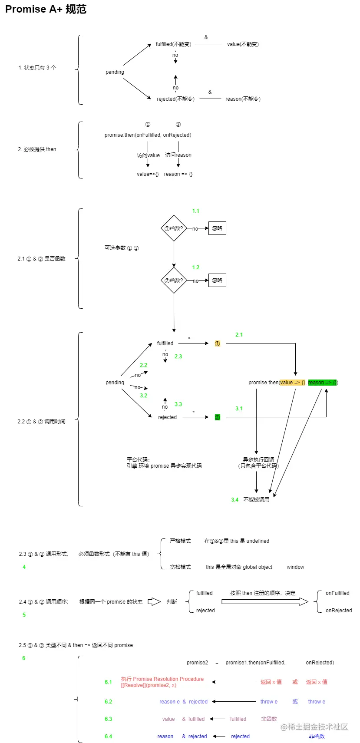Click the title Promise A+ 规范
pyautogui.click(x=46, y=9)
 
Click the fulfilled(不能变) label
pyautogui.click(x=173, y=44)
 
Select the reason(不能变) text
pyautogui.click(x=243, y=99)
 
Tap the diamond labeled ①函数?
pyautogui.click(x=174, y=228)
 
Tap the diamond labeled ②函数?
pyautogui.click(x=174, y=281)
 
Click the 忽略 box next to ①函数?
pyautogui.click(x=217, y=228)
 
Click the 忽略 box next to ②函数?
pyautogui.click(x=217, y=281)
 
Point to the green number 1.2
pyautogui.click(x=196, y=267)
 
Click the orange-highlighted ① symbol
pyautogui.click(x=218, y=343)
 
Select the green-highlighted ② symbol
pyautogui.click(x=218, y=417)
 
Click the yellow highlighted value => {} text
pyautogui.click(x=293, y=383)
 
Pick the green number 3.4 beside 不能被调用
pyautogui.click(x=234, y=500)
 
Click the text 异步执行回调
pyautogui.click(x=258, y=459)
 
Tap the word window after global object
pyautogui.click(x=295, y=567)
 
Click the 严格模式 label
pyautogui.click(x=180, y=541)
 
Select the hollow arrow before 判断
pyautogui.click(x=154, y=602)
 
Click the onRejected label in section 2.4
pyautogui.click(x=339, y=611)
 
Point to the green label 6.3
pyautogui.click(x=108, y=719)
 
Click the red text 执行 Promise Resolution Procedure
pyautogui.click(x=162, y=679)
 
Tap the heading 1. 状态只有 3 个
pyautogui.click(x=37, y=68)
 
